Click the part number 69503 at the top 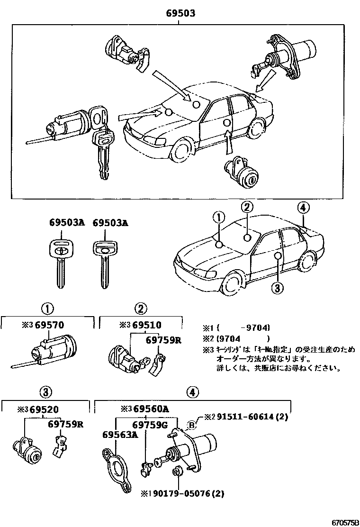181,14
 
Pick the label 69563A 120,435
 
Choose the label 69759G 150,425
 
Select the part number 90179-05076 184,493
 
